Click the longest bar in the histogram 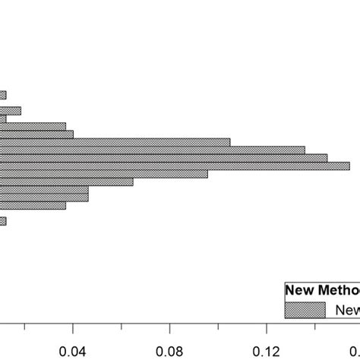point(175,166)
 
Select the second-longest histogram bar point(163,157)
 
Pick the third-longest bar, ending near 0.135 point(152,150)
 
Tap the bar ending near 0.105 point(115,141)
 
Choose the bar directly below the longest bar point(103,174)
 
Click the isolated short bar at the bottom point(3,221)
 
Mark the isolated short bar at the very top point(3,95)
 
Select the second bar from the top point(10,111)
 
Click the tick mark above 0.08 point(169,325)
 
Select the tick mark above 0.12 point(267,325)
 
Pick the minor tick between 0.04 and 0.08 point(122,327)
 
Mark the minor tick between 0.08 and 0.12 point(218,327)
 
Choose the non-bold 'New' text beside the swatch point(346,309)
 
